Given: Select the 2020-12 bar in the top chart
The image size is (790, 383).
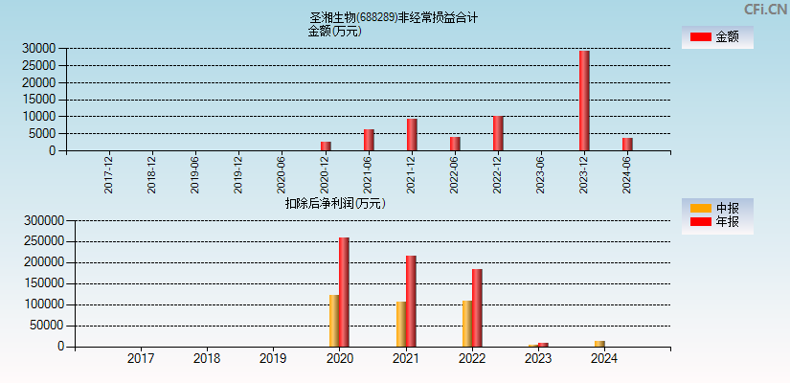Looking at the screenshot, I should coord(326,146).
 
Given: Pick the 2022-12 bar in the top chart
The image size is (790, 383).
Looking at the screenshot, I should coord(498,133).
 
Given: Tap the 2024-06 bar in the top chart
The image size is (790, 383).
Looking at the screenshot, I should coord(627,144).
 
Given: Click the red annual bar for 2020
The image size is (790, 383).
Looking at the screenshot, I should coord(344,292).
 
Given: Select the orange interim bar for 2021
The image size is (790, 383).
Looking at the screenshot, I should coord(401,324).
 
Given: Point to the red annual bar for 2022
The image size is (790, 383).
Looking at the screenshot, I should coord(477,307).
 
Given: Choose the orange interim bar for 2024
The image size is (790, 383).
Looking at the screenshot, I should coord(599,343).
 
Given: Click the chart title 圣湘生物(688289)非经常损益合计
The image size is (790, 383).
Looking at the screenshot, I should coord(394,17).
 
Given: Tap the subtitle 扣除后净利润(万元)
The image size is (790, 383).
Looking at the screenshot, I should coord(335,203).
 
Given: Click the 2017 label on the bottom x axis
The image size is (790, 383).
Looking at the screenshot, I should coord(141,359).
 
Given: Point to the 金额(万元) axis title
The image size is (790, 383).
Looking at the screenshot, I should coord(334,31).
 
